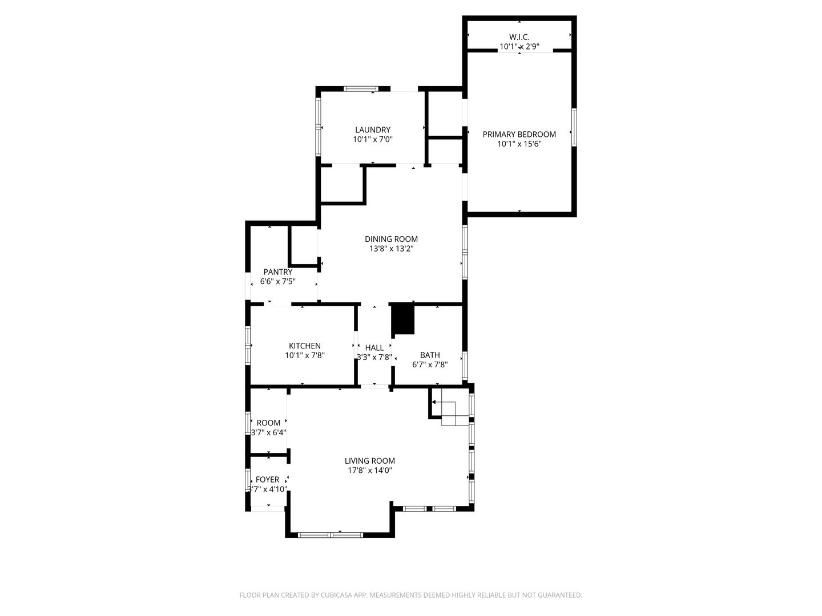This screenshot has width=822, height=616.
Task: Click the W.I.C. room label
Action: tap(519, 37)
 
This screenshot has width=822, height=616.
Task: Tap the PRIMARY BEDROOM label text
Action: tap(519, 135)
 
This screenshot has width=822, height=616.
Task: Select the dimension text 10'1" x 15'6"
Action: tap(519, 144)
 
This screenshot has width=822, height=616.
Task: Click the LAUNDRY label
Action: tap(373, 130)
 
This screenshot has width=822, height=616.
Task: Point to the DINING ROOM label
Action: tap(391, 240)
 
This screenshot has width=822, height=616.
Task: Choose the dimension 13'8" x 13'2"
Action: tap(391, 249)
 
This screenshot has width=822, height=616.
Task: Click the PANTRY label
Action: tap(278, 272)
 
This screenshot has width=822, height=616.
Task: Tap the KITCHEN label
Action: tap(305, 346)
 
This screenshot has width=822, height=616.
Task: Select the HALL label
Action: tap(374, 348)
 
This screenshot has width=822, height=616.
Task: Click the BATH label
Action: tap(430, 355)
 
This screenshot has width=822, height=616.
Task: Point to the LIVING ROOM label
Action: tap(370, 461)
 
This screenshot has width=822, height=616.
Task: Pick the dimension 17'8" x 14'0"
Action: tap(370, 471)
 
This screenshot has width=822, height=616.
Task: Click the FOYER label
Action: tap(268, 480)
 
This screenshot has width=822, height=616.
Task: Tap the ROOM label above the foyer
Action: tap(268, 423)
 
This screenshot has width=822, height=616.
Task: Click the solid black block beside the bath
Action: tap(404, 320)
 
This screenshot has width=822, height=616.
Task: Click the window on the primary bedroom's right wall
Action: tap(574, 127)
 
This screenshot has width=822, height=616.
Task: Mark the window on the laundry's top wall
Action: tap(361, 89)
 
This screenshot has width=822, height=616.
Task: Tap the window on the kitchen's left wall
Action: tap(248, 345)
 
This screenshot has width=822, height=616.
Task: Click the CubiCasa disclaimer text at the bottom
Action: tap(410, 595)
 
